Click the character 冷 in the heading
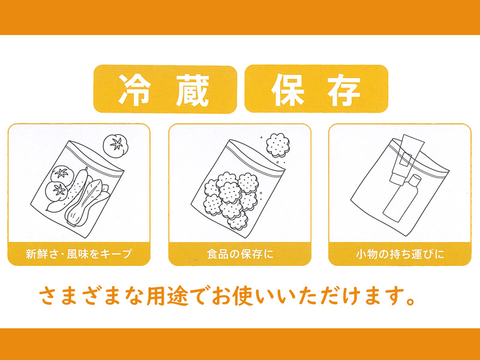tap(135, 89)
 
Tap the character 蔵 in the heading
tap(193, 89)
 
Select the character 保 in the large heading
tap(288, 89)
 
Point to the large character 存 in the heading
tap(344, 89)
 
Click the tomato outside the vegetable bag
tap(115, 146)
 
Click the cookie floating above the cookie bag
tap(278, 145)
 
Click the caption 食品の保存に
tap(240, 254)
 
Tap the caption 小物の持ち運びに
tap(400, 254)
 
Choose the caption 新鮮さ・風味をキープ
tap(79, 254)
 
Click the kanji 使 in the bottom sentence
tap(243, 296)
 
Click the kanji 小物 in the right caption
tap(367, 254)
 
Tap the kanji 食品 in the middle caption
tap(218, 254)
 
